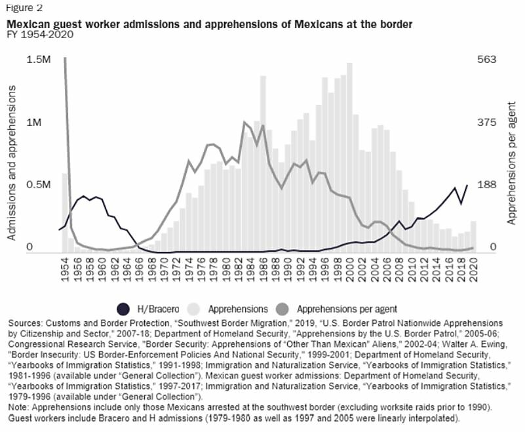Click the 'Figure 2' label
point(24,8)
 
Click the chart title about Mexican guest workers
point(209,24)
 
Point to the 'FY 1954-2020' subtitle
point(40,35)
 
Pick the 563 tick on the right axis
point(487,60)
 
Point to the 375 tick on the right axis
point(487,123)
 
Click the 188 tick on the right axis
point(487,186)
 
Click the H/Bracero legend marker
point(123,307)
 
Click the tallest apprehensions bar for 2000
point(349,157)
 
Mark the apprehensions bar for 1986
point(263,164)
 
